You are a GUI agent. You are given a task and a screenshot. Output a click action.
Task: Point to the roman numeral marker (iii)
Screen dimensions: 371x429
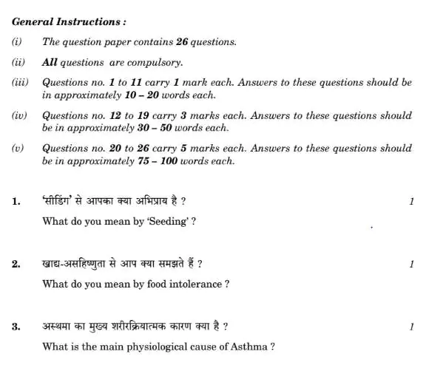coord(21,84)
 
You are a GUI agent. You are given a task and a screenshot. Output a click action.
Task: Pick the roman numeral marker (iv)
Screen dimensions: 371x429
coord(21,116)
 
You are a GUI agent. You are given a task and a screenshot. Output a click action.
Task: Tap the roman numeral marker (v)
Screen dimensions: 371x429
coord(19,149)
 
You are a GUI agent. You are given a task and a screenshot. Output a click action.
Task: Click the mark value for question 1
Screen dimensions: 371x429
coord(411,200)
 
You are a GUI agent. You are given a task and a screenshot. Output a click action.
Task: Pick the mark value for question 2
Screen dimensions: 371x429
coord(411,263)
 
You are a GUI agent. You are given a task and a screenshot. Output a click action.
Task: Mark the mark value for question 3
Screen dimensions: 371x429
coord(411,325)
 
